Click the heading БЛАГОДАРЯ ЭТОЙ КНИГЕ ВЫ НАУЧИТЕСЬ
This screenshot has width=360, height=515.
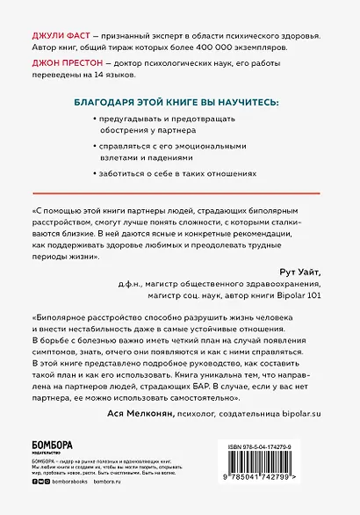(x=178, y=103)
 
